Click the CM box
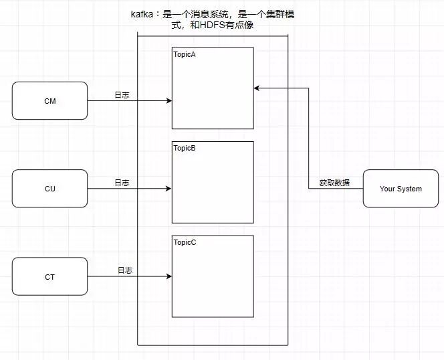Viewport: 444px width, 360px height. (x=49, y=100)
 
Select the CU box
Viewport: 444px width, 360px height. (x=49, y=189)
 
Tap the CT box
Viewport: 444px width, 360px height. (x=49, y=276)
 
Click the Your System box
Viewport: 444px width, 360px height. (x=401, y=189)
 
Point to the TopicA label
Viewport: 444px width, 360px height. (x=185, y=54)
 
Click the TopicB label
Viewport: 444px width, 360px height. (x=185, y=148)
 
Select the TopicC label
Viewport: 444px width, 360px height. (x=185, y=242)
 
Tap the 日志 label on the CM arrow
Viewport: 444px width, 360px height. (x=122, y=95)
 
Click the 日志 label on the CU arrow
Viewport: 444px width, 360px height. (x=122, y=182)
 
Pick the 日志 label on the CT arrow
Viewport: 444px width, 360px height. (x=125, y=270)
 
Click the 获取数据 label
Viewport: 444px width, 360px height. (x=334, y=183)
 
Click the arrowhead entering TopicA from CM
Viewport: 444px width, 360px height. (x=169, y=101)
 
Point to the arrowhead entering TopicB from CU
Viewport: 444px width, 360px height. (x=169, y=189)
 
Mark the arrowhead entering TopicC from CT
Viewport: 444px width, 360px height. (x=169, y=276)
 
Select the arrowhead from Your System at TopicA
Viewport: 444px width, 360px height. (x=257, y=88)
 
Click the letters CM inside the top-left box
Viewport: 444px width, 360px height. (x=49, y=100)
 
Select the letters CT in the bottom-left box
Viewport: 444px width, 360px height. (x=49, y=276)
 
